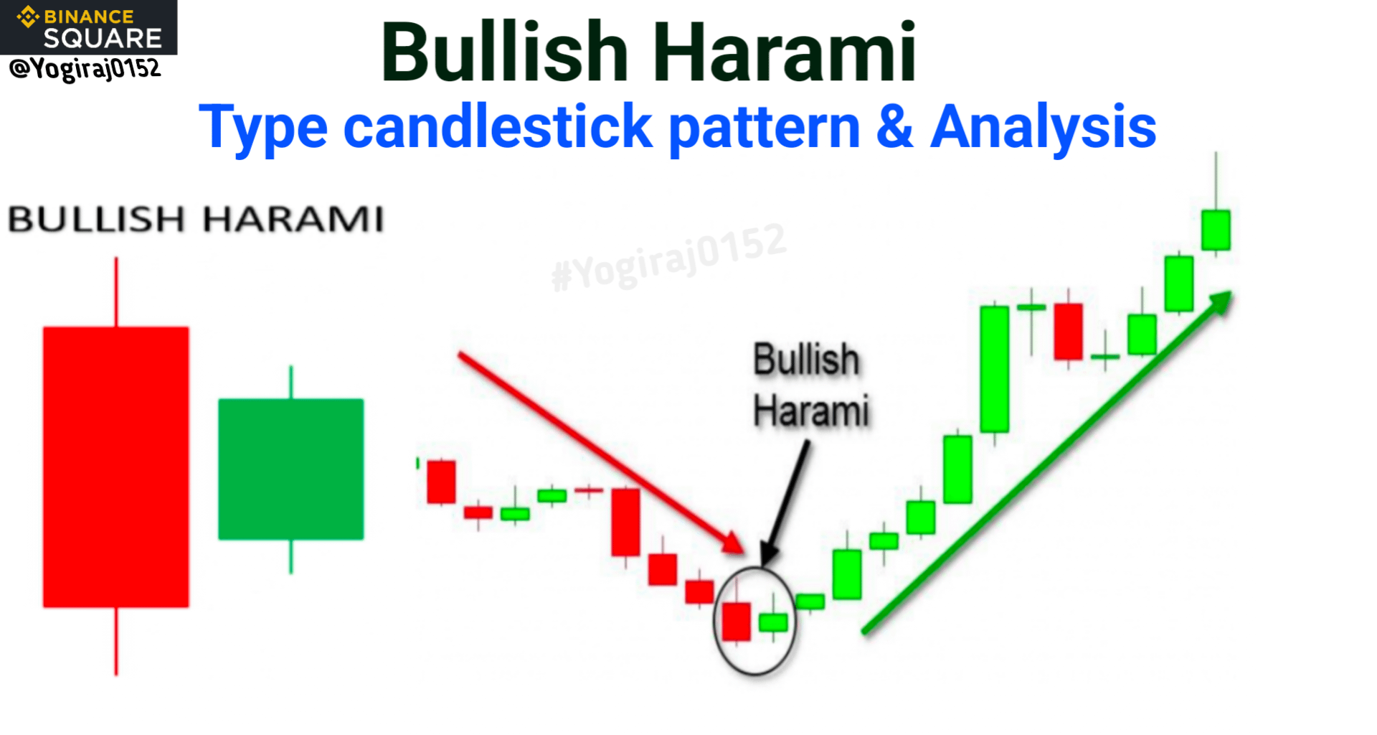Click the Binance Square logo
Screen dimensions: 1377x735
88,27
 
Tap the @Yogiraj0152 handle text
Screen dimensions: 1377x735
85,69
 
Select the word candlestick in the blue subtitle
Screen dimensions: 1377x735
498,127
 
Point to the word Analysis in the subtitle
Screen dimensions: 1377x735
1043,128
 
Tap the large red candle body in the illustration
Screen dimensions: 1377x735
116,467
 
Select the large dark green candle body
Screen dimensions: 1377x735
290,469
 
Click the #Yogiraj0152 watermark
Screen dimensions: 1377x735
669,258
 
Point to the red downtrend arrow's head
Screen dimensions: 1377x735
733,543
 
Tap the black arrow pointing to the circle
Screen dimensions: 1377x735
786,502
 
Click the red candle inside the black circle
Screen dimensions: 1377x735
736,621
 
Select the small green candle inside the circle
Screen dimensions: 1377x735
773,622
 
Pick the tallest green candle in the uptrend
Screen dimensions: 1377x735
994,369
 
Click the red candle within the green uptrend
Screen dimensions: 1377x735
1068,331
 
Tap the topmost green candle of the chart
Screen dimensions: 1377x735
1216,230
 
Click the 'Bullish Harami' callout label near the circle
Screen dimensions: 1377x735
810,385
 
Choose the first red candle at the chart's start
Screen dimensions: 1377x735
441,482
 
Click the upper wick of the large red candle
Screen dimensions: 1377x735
116,292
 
